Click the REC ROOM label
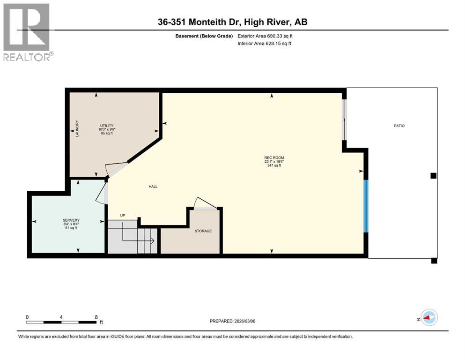274,157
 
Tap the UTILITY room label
106,125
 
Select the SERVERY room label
71,220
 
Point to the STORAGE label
203,231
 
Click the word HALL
153,187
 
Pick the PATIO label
399,126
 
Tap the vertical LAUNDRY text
77,129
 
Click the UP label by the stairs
123,216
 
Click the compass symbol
428,318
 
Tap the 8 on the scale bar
96,317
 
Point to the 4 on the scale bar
61,317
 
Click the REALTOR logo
27,32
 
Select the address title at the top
232,22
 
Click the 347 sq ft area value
274,165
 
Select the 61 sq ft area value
71,228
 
